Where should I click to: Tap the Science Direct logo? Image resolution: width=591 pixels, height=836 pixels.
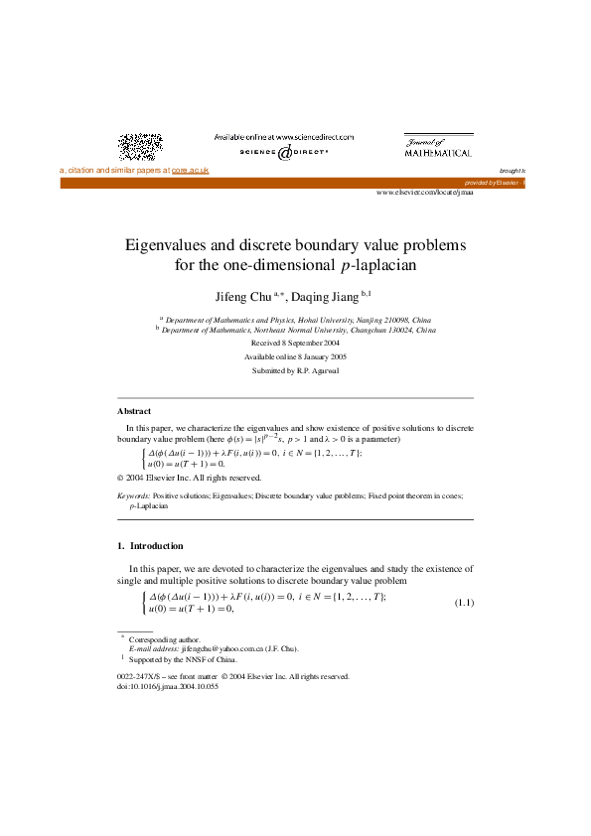click(x=283, y=153)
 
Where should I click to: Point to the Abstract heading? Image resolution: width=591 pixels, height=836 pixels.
click(x=134, y=410)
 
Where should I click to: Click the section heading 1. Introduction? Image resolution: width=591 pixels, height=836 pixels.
click(x=150, y=545)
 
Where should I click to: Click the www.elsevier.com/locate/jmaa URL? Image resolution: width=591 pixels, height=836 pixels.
click(x=424, y=192)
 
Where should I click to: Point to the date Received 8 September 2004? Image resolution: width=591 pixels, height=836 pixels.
click(x=295, y=342)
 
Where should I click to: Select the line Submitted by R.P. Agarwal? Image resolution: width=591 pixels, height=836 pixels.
click(x=295, y=369)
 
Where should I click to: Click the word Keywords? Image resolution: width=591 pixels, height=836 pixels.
click(x=134, y=493)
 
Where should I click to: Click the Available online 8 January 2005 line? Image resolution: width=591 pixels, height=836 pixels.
click(x=295, y=355)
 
